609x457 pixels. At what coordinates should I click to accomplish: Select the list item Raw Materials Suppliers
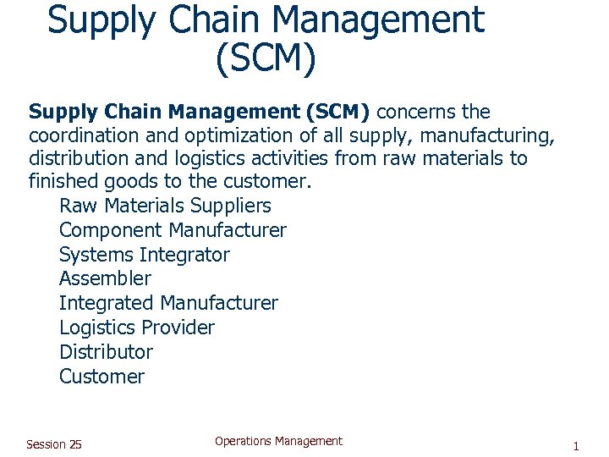[165, 206]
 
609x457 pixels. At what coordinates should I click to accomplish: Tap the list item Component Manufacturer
[173, 230]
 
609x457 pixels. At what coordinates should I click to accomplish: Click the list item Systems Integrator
[144, 255]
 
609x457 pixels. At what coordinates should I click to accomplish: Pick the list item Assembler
[105, 278]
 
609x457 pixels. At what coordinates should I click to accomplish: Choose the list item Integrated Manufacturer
[168, 303]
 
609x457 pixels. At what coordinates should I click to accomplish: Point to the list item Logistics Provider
[137, 328]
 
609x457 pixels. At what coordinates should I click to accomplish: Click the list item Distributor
[106, 352]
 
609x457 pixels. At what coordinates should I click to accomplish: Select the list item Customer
[101, 377]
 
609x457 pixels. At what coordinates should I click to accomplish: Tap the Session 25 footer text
[54, 444]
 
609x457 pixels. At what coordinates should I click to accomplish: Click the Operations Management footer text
[278, 441]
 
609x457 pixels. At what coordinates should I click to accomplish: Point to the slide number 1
[575, 446]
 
